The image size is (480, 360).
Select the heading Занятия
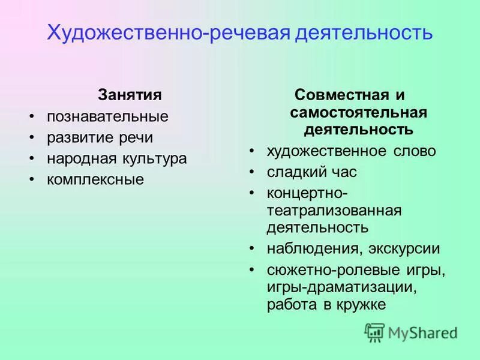tap(130, 95)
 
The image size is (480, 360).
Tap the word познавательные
tap(107, 116)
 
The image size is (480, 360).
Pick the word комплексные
tap(95, 179)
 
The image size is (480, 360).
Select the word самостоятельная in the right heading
tap(358, 112)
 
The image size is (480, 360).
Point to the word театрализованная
tap(334, 211)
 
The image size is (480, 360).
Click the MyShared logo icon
tap(374, 332)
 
